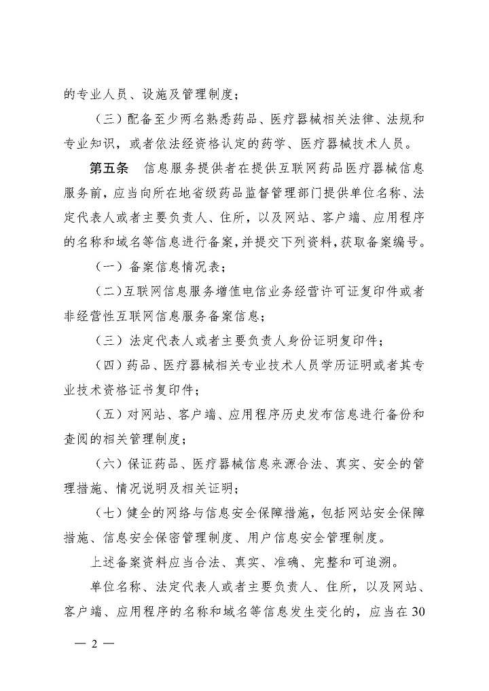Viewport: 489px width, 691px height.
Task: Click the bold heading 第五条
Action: (111, 168)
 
